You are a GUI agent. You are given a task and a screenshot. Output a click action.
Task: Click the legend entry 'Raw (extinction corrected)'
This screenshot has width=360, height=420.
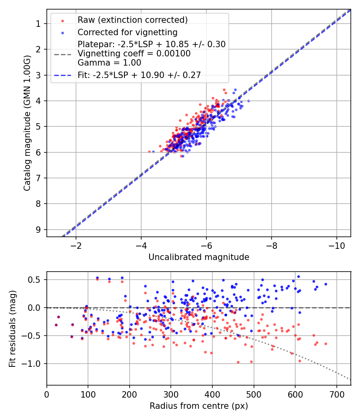coord(132,20)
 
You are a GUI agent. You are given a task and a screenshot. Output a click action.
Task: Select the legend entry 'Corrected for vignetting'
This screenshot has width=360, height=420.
coord(127,32)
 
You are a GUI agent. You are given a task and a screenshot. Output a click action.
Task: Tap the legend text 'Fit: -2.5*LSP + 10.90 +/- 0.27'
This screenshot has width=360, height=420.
coord(139,75)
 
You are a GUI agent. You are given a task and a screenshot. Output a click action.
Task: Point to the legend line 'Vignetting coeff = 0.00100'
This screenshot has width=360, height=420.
coord(134,54)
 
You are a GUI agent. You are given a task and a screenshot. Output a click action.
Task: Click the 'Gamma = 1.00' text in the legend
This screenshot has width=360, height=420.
coord(109,63)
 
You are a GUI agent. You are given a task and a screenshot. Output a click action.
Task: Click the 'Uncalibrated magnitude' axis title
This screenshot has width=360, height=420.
coord(199,257)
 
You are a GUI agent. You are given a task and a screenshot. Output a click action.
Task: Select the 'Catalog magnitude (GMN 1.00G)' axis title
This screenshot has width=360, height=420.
coord(27,122)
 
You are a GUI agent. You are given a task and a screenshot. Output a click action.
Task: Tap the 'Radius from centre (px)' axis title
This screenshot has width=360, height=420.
coord(199,406)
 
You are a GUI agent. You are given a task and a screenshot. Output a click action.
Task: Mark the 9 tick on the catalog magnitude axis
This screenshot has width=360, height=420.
coord(38,230)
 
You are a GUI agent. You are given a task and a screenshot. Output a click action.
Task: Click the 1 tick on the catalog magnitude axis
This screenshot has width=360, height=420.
coord(38,24)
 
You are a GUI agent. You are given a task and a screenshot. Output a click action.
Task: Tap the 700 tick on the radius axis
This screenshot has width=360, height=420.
coord(336,394)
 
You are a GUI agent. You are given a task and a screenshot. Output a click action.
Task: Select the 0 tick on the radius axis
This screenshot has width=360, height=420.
coord(47,394)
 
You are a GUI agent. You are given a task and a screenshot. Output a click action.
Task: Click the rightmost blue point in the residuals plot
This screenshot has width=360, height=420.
coord(326,284)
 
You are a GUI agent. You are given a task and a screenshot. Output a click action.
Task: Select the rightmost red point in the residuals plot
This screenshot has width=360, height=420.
coord(326,344)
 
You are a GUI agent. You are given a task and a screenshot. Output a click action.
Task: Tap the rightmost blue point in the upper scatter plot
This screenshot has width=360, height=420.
coord(248,101)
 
